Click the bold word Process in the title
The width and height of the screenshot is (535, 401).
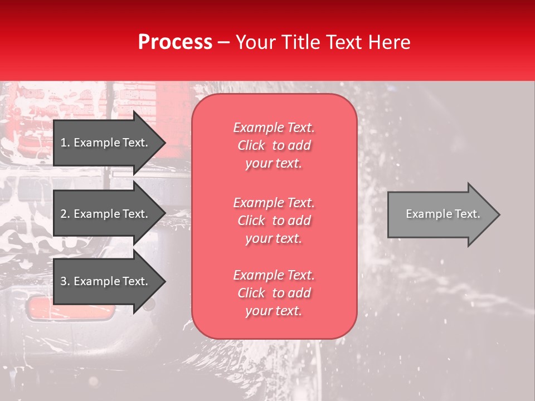(175, 42)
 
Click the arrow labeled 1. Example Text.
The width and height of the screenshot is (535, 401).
(106, 143)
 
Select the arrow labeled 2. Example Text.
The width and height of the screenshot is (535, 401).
(106, 214)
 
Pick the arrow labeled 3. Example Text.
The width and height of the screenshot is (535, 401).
(106, 281)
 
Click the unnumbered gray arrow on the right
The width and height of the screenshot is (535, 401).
(440, 214)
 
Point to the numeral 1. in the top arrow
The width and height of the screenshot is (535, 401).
(65, 143)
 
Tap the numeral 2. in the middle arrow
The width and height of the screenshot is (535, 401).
(65, 214)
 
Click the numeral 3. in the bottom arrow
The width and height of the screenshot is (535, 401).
(65, 281)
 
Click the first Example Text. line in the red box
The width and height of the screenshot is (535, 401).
(274, 128)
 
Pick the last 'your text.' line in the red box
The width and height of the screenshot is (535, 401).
(274, 311)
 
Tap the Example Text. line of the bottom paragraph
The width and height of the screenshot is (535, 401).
(274, 275)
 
